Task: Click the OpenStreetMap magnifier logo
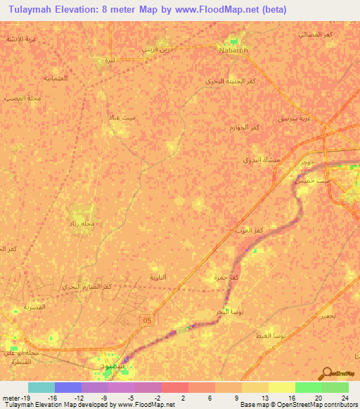[x=326, y=374]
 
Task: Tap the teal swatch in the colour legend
[x=41, y=387]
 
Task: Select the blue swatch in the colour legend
[x=68, y=387]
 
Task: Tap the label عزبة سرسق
[x=294, y=119]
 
